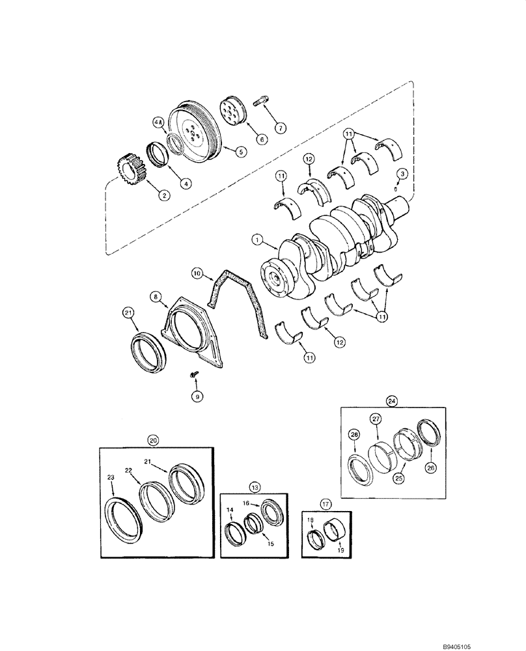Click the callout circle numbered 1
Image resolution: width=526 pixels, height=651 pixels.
tap(258, 241)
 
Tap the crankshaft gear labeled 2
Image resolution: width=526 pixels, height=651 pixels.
tap(132, 171)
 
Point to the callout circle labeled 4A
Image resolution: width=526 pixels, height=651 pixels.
tap(158, 122)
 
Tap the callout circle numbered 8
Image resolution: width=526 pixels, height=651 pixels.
tap(156, 296)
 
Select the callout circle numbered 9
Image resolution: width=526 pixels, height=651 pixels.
tap(195, 395)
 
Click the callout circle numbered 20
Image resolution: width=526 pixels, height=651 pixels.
tap(153, 440)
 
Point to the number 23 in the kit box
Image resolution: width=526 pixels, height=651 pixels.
tap(111, 477)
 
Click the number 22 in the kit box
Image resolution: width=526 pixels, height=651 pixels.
tap(129, 470)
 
